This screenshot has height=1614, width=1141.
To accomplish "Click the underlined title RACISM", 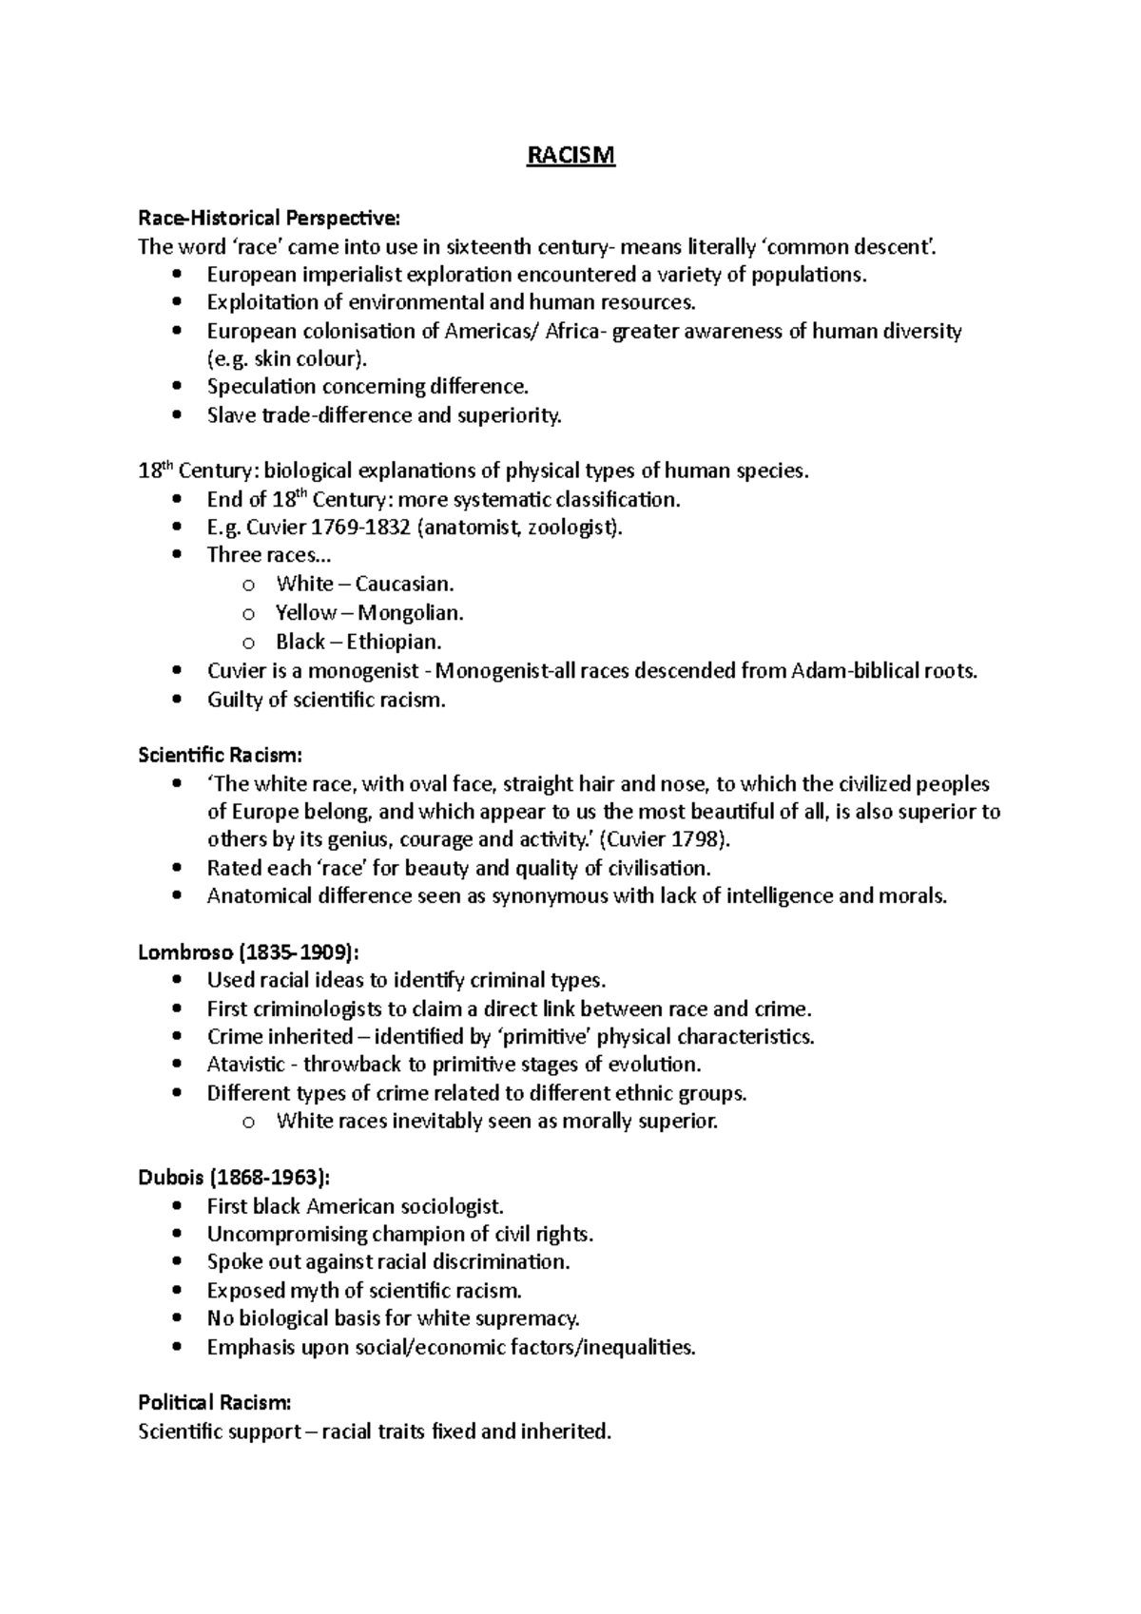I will (571, 155).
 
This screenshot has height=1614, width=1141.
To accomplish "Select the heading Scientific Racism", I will (220, 755).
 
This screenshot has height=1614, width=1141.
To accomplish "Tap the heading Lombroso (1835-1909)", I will (249, 951).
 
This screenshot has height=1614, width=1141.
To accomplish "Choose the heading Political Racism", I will (214, 1402).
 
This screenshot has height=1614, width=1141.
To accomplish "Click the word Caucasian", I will (404, 584).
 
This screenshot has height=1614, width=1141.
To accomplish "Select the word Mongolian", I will (410, 612).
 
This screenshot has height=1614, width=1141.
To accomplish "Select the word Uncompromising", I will (287, 1234).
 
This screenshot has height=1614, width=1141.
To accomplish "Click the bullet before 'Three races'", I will (177, 556).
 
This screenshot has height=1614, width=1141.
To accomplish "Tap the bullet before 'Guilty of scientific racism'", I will (177, 701).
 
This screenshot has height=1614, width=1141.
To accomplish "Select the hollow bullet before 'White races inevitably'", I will (249, 1122).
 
